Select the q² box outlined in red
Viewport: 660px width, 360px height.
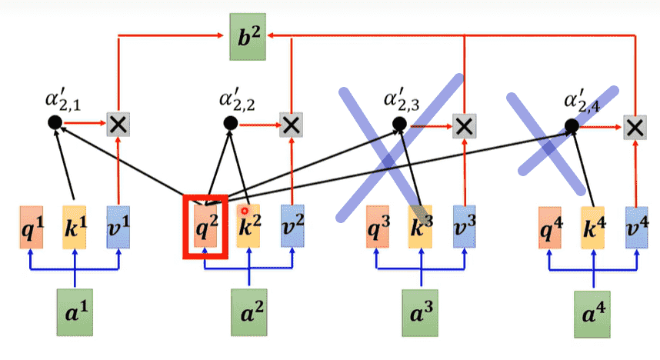tap(205, 226)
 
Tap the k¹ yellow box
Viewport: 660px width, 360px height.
tap(75, 226)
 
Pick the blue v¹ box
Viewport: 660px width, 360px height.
tap(118, 226)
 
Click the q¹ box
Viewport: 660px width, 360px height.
tap(32, 226)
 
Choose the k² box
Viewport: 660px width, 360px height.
tap(248, 226)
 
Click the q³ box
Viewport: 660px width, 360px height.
tap(377, 226)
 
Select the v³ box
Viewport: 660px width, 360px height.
tap(464, 226)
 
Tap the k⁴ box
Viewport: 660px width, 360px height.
tap(593, 226)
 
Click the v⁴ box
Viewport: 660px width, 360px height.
tap(636, 226)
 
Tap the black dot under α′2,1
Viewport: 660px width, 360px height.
tap(54, 122)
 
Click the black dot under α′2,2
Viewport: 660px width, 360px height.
tap(228, 122)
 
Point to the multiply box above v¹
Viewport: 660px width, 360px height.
tap(118, 123)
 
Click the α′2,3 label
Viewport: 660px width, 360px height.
tap(400, 99)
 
